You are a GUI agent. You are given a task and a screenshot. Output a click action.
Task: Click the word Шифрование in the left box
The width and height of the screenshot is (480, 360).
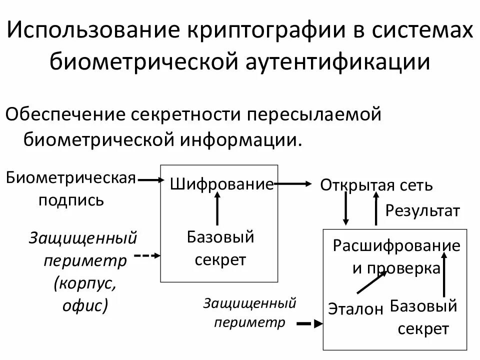(x=222, y=184)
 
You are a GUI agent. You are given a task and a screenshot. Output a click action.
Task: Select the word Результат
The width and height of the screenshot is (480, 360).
(x=422, y=210)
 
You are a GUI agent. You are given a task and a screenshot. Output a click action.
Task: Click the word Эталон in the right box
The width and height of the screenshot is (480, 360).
(x=355, y=308)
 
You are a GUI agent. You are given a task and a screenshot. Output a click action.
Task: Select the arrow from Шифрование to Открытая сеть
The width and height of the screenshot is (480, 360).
(x=293, y=184)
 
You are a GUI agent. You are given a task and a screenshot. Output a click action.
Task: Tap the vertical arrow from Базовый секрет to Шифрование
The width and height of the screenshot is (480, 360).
(x=217, y=209)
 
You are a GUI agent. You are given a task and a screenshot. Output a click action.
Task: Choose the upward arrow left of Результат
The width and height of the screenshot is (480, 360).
(x=376, y=209)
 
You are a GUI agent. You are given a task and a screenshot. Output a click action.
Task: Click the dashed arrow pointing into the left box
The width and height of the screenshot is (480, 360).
(x=148, y=255)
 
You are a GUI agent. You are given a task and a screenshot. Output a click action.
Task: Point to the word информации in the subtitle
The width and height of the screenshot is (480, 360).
(x=237, y=139)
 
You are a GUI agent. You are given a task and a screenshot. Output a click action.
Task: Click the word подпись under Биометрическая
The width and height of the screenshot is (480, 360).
(x=71, y=200)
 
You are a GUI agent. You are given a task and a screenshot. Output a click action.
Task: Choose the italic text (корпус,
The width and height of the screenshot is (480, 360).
(x=85, y=283)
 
